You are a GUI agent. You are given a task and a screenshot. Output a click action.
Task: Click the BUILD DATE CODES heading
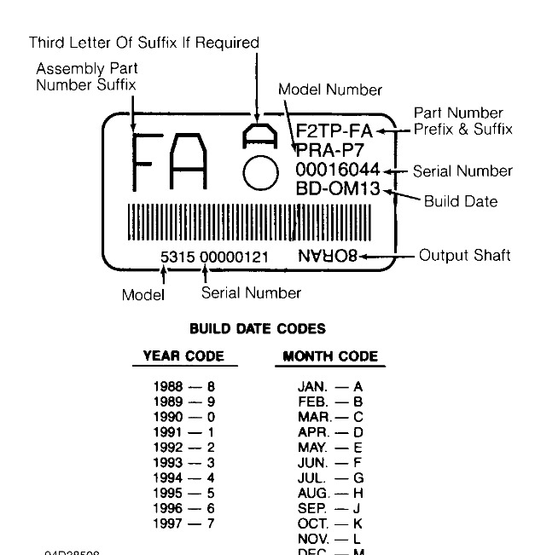tap(257, 328)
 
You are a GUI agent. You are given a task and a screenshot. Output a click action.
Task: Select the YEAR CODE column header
tap(183, 356)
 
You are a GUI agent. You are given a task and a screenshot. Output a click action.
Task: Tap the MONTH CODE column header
tap(329, 356)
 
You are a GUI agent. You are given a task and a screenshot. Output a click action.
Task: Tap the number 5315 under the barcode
tap(177, 257)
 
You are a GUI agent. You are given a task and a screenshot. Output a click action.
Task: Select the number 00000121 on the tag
tap(235, 257)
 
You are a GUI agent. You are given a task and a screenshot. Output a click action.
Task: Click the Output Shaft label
tap(464, 256)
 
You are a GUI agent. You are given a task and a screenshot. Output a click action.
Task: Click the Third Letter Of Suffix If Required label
tap(143, 42)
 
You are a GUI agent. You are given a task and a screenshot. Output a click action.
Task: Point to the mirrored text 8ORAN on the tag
tap(328, 256)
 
